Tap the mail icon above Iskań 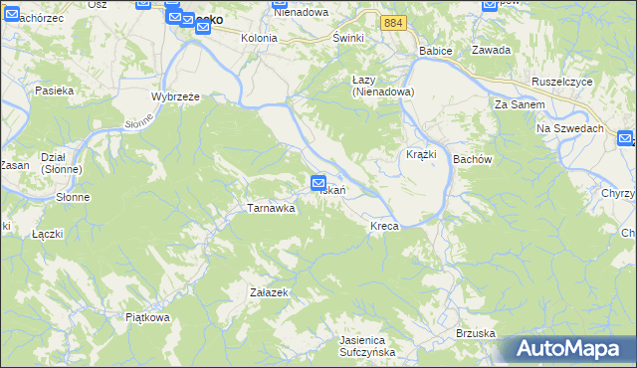point(318,182)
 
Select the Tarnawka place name point(271,209)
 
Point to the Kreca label point(384,227)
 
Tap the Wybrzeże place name point(176,96)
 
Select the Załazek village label point(269,292)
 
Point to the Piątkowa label point(148,317)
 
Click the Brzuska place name point(475,332)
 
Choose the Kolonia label point(259,38)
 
